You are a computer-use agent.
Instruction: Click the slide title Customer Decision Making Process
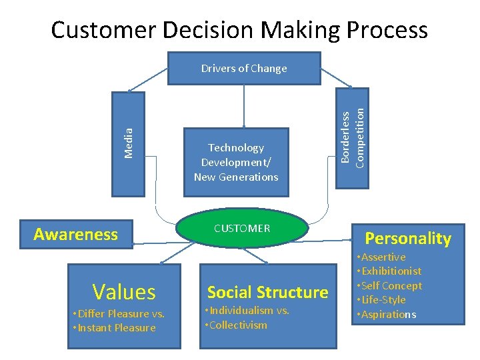tap(239, 30)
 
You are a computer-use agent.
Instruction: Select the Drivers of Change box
tap(244, 69)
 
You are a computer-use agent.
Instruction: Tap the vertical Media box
tap(128, 143)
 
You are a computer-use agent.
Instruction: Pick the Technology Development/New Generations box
tap(236, 162)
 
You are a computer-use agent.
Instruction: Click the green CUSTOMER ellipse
tap(242, 229)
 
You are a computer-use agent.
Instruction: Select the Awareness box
tap(75, 234)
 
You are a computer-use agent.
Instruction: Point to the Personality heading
tap(407, 239)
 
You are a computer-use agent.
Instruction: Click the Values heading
tap(124, 291)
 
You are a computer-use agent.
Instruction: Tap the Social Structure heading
tap(267, 292)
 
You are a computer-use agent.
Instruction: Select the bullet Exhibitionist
tap(393, 271)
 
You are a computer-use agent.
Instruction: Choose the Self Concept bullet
tap(393, 286)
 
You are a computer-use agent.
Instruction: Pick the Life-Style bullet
tap(385, 300)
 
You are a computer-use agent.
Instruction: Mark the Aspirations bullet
tap(390, 315)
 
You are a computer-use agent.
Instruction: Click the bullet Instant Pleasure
tap(116, 328)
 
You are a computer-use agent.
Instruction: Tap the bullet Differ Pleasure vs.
tap(121, 314)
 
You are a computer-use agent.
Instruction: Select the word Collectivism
tap(239, 325)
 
